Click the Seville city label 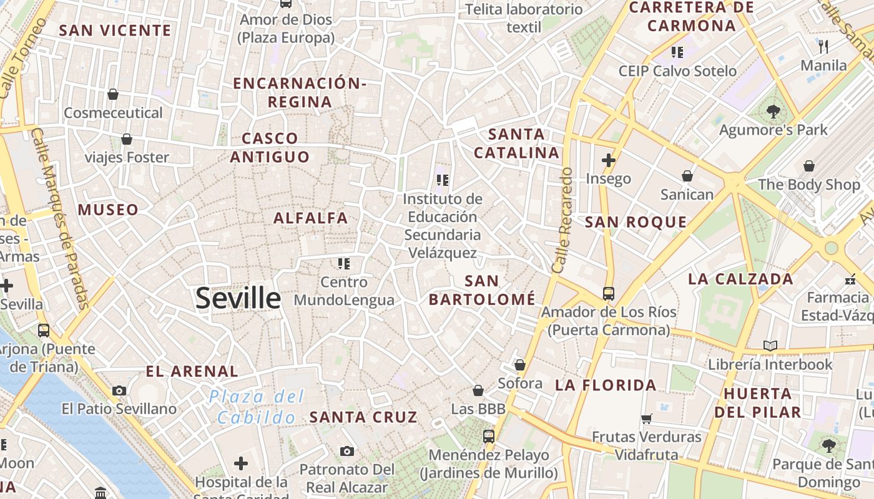pos(238,298)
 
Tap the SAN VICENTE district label pos(115,30)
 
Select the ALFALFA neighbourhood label pos(310,218)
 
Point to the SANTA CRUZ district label pos(363,417)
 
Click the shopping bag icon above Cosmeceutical pos(113,94)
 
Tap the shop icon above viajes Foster pos(127,138)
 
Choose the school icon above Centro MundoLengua pos(344,263)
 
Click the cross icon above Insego pos(609,160)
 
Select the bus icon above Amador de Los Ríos pos(609,293)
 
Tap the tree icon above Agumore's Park pos(773,112)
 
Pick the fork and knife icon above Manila pos(823,46)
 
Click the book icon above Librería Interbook pos(770,345)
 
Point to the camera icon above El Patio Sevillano pos(119,390)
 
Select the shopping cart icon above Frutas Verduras pos(647,418)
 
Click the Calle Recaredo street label pos(562,220)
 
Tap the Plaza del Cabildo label pos(257,407)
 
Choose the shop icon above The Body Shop pos(809,166)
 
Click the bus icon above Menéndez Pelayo pos(489,436)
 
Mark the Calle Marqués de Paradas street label pos(61,219)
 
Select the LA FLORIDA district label pos(606,385)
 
